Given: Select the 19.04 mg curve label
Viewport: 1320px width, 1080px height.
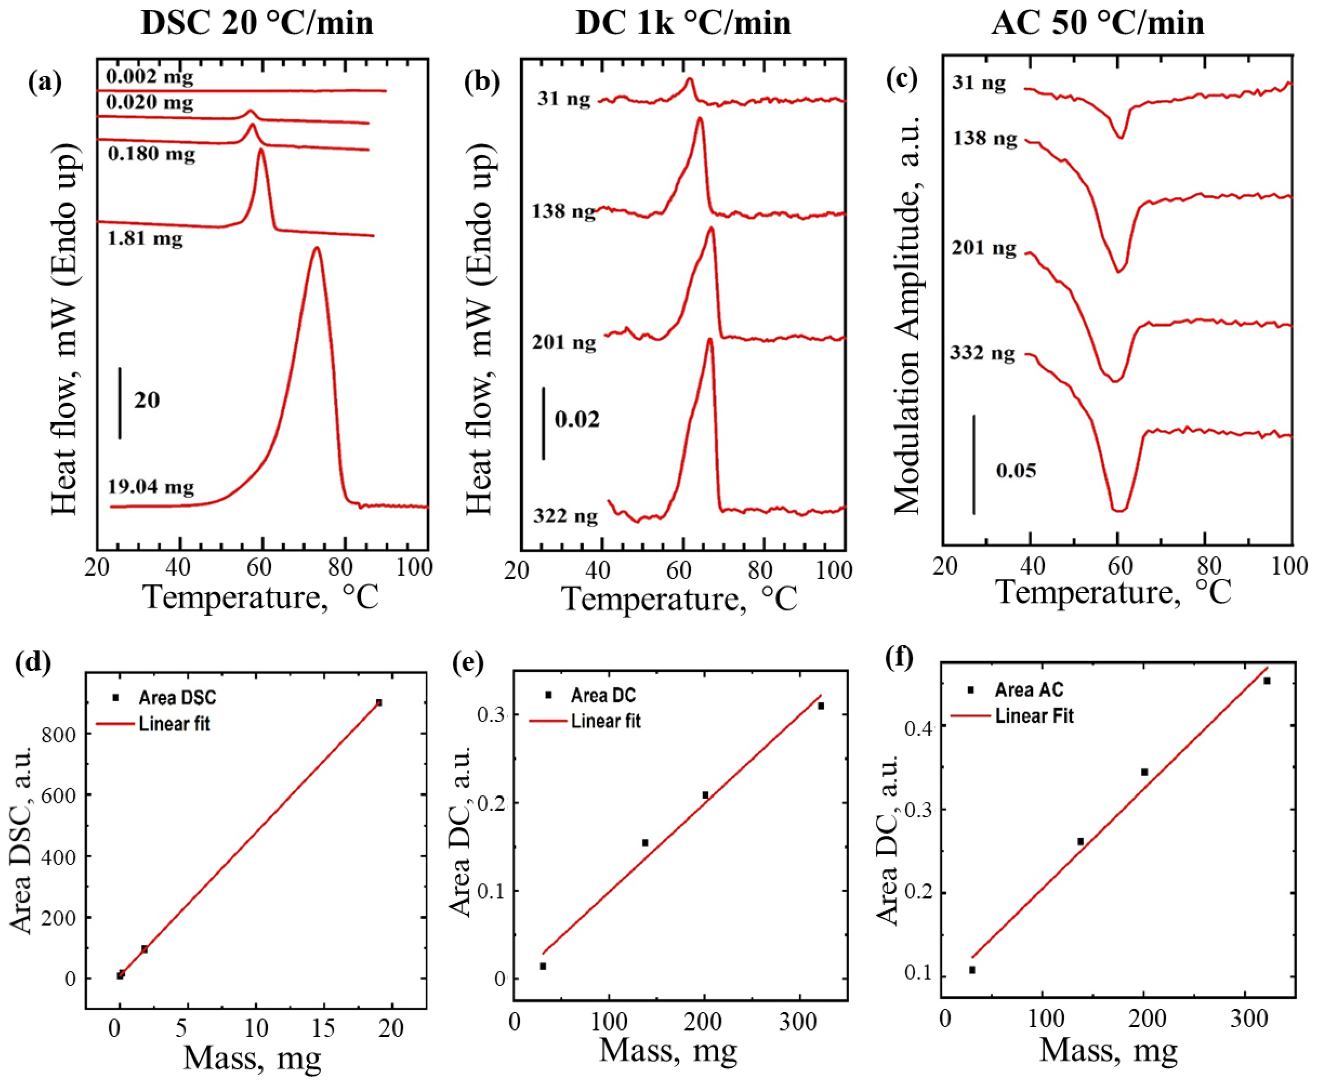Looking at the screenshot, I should click(x=151, y=486).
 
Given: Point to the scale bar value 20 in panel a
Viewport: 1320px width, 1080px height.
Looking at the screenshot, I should click(x=147, y=400).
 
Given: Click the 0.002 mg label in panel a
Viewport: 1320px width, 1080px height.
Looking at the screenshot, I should click(x=149, y=77).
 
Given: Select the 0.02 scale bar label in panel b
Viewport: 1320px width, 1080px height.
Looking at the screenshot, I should click(x=577, y=420).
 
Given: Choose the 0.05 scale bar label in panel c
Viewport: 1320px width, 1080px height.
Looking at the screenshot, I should click(x=1016, y=470).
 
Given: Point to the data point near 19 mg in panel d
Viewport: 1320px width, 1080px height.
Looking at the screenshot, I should click(x=379, y=702).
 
